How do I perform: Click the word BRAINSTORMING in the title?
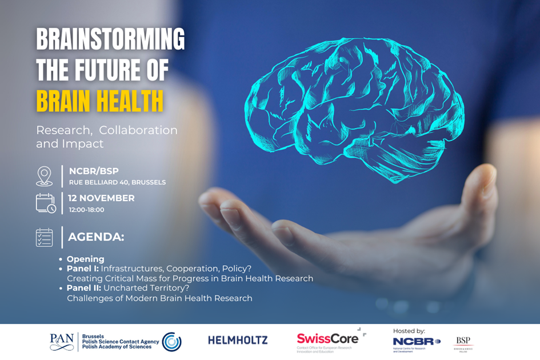coord(110,40)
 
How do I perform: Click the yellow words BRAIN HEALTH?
coord(99,101)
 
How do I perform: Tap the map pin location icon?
coord(45,176)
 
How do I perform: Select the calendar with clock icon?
coord(46,203)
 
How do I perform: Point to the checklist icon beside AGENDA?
coord(45,237)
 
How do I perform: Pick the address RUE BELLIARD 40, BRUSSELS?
coord(117,182)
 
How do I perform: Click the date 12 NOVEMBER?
coord(102,198)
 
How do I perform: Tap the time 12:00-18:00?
coord(86,210)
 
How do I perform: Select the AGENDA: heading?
coord(96,237)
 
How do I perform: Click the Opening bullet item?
coord(85,259)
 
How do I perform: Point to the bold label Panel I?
coord(82,269)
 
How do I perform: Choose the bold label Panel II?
coord(84,288)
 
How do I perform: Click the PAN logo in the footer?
coord(62,342)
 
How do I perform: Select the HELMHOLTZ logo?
coord(238,340)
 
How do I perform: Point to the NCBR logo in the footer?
coord(417,342)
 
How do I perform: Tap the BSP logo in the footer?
coord(463,342)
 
